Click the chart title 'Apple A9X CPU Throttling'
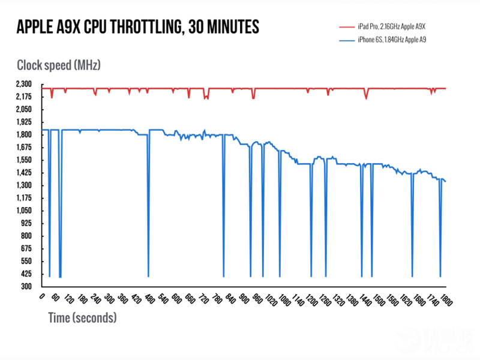138,28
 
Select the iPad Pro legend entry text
395,27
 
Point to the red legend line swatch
347,27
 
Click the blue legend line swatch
347,40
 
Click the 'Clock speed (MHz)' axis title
58,64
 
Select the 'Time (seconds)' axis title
82,317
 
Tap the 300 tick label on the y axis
28,287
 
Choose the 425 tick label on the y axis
28,274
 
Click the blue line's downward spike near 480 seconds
148,240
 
